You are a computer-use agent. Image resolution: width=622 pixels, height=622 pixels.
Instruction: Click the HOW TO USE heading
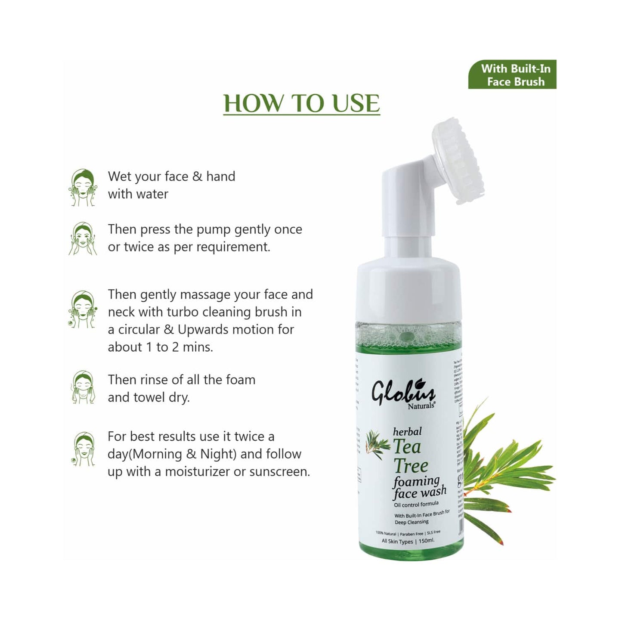pyautogui.click(x=301, y=103)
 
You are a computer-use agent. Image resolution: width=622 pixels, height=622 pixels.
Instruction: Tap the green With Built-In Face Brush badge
pyautogui.click(x=512, y=74)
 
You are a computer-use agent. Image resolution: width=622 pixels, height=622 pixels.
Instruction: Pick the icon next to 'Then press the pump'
pyautogui.click(x=83, y=239)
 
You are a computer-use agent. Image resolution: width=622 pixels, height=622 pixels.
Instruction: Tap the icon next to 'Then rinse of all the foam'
pyautogui.click(x=83, y=387)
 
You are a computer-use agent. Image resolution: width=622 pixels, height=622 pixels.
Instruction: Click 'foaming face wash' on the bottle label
pyautogui.click(x=419, y=487)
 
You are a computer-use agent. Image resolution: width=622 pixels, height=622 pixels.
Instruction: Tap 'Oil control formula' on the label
pyautogui.click(x=416, y=504)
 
